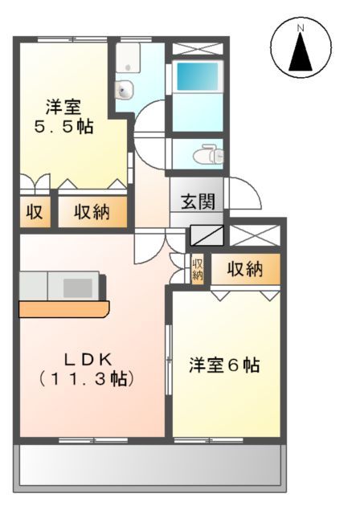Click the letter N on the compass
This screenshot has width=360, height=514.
point(301,30)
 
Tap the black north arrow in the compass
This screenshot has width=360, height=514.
point(301,54)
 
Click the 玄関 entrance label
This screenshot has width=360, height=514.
point(196,202)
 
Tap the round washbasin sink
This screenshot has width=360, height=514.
point(125,89)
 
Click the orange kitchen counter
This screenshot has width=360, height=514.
point(63,309)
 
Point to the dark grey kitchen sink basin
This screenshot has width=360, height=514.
point(78,287)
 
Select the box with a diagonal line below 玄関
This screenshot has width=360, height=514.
point(207,235)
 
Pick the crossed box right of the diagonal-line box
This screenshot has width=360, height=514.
point(256,235)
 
